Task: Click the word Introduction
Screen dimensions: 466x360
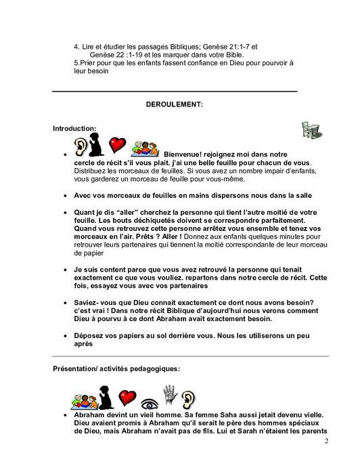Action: (74, 128)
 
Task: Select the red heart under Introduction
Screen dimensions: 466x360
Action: (118, 144)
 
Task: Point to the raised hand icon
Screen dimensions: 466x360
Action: (170, 394)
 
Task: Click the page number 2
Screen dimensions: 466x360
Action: (325, 442)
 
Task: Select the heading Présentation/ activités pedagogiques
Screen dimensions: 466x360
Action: (116, 368)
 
